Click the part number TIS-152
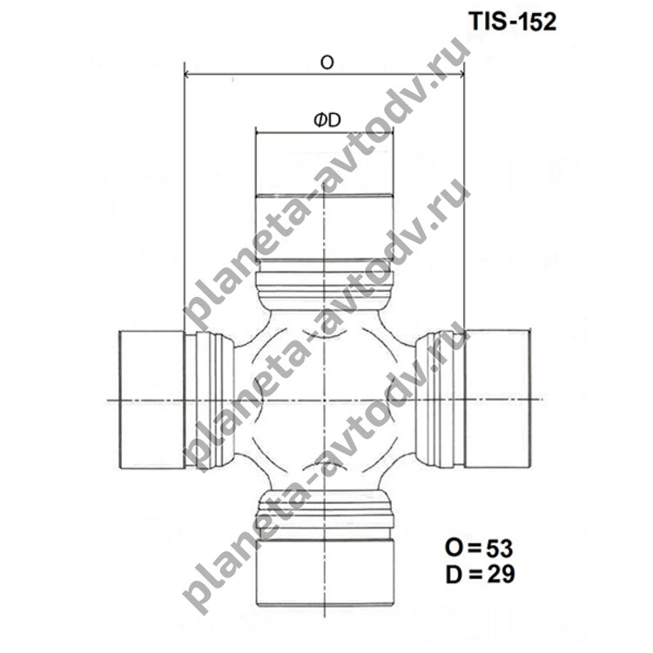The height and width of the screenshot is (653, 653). (513, 21)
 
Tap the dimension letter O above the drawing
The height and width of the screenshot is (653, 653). (326, 63)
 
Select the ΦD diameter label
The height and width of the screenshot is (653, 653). (327, 120)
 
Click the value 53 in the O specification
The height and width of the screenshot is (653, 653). (499, 549)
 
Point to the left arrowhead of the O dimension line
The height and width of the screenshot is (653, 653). (188, 75)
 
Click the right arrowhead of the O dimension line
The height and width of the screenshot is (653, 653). (461, 75)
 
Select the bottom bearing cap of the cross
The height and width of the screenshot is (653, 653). (325, 572)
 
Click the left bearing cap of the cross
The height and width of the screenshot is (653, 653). (151, 400)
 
